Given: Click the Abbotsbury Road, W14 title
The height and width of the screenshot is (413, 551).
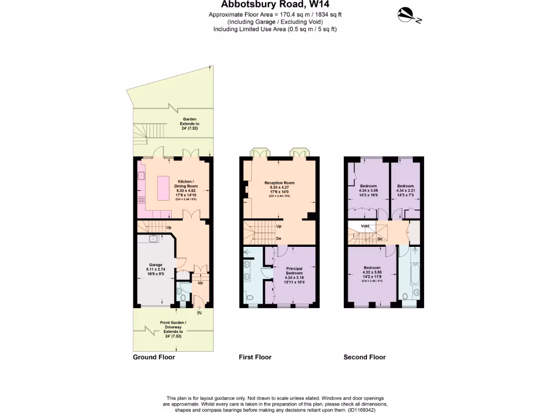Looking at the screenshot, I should [x=275, y=5].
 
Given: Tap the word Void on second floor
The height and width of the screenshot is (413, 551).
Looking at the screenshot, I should [x=365, y=226].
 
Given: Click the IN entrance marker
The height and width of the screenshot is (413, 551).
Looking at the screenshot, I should [x=199, y=313].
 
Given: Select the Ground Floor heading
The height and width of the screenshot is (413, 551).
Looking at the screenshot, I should [x=154, y=357].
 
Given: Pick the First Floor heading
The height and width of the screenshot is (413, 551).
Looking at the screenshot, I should [x=255, y=357].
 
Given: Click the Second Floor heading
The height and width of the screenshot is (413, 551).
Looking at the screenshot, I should [x=364, y=357].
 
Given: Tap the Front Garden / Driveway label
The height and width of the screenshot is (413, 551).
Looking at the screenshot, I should [x=173, y=327].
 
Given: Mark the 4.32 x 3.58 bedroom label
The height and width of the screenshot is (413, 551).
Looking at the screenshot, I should [x=372, y=273].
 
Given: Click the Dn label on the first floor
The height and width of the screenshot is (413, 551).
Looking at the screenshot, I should [x=279, y=239].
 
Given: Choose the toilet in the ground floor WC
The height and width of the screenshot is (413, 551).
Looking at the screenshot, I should [x=183, y=297].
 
